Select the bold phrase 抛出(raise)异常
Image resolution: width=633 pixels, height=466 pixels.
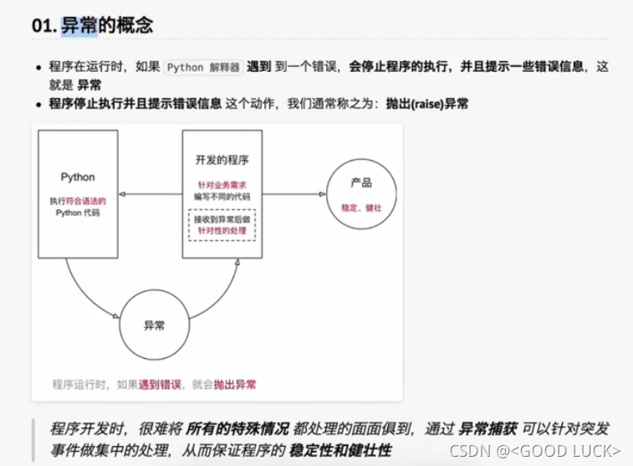pyautogui.click(x=426, y=104)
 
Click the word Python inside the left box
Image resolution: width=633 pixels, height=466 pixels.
pyautogui.click(x=78, y=177)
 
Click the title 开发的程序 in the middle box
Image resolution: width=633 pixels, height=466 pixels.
pyautogui.click(x=222, y=161)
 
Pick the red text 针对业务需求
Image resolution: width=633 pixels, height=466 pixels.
pyautogui.click(x=222, y=184)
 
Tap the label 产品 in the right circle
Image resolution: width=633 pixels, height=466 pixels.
pyautogui.click(x=361, y=182)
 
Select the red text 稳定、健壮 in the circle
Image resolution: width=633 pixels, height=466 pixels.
pyautogui.click(x=361, y=207)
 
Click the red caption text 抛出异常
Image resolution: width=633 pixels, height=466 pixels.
pyautogui.click(x=235, y=385)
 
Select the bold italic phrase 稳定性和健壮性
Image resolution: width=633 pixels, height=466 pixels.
pyautogui.click(x=340, y=450)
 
